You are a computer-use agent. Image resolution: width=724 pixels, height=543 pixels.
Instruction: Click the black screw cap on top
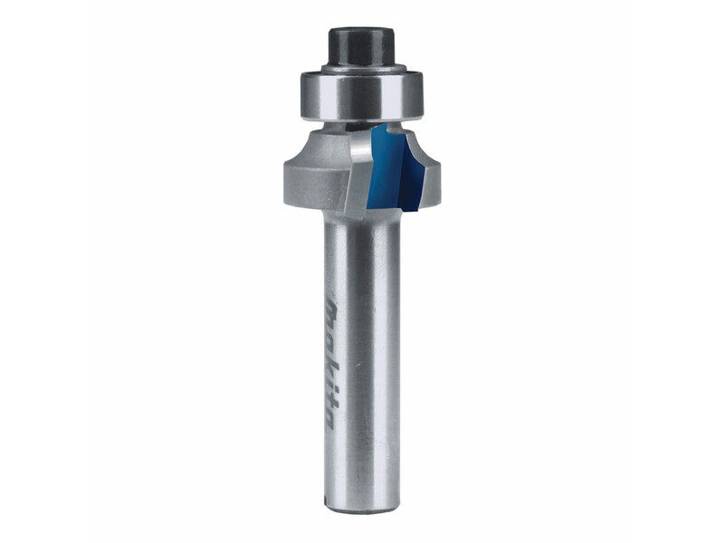(361, 46)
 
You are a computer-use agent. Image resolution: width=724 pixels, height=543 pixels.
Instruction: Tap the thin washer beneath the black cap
(364, 69)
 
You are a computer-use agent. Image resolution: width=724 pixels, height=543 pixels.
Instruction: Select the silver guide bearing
(361, 96)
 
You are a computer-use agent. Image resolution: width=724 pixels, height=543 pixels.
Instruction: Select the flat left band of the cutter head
(315, 184)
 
